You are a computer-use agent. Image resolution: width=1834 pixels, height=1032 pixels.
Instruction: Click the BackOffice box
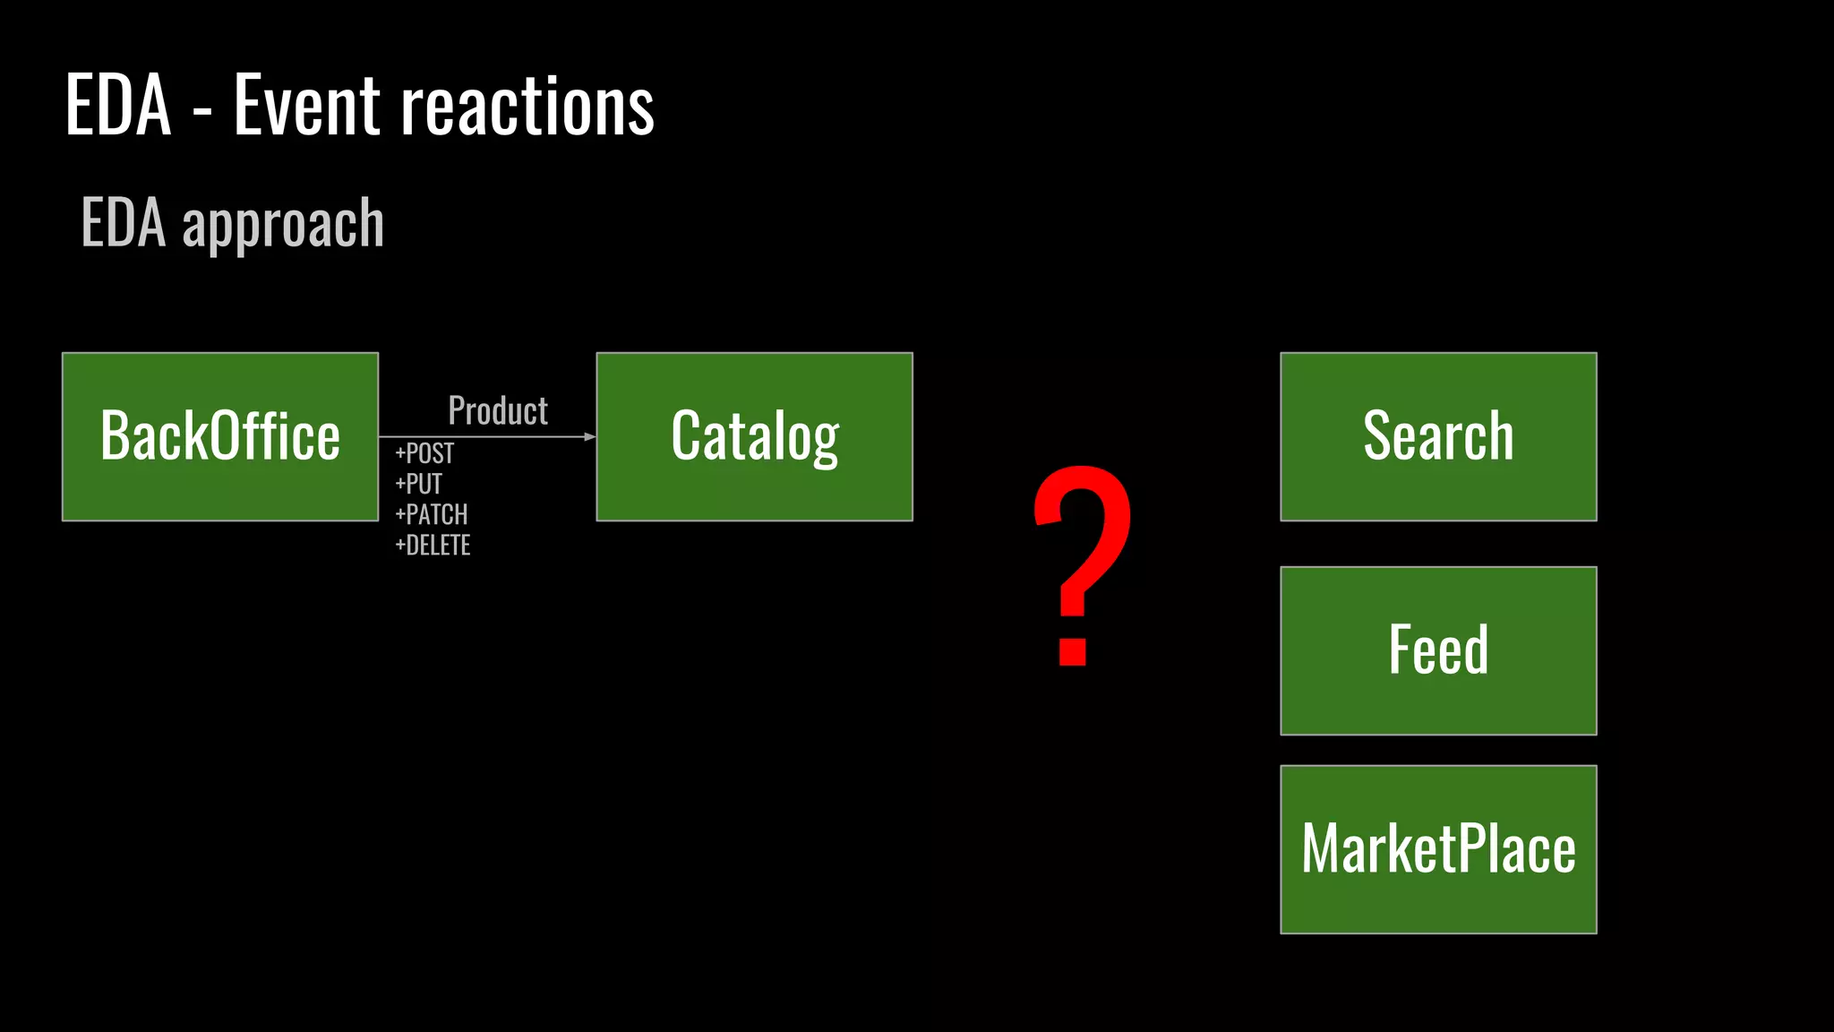tap(219, 436)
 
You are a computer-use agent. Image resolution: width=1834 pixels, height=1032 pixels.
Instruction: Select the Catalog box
tap(754, 436)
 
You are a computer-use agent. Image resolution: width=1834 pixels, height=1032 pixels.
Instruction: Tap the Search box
tap(1438, 436)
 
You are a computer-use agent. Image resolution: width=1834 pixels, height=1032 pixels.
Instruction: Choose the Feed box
tap(1438, 650)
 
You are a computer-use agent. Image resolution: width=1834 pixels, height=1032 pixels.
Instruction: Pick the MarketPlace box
tap(1438, 849)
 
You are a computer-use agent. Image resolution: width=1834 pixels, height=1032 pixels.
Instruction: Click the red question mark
tap(1083, 537)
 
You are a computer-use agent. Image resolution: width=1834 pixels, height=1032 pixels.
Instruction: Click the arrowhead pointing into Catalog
tap(589, 437)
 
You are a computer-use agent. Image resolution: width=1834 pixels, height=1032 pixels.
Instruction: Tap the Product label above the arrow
tap(498, 410)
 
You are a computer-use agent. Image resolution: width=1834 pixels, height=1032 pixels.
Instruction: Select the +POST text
tap(424, 453)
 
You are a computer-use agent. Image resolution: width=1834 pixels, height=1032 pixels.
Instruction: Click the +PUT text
tap(419, 484)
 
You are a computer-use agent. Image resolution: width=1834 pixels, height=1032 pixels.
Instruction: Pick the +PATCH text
tap(432, 514)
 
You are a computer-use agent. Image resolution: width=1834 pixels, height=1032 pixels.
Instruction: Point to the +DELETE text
tap(433, 545)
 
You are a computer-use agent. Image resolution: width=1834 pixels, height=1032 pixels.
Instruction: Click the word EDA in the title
tap(118, 106)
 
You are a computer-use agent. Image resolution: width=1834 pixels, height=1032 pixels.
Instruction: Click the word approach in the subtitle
tap(283, 224)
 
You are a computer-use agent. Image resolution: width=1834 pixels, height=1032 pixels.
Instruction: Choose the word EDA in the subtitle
tap(124, 222)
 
